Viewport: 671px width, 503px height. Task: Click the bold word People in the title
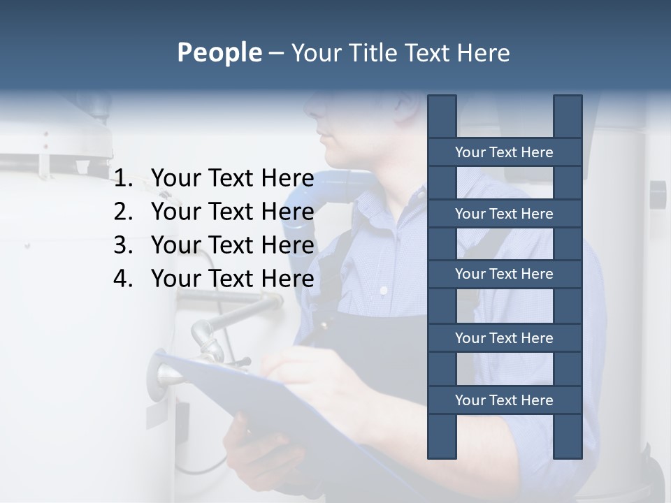point(219,52)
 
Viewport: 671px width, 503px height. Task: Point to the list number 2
point(123,212)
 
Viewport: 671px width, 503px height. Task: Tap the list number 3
point(123,245)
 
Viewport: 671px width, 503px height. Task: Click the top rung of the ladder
point(504,152)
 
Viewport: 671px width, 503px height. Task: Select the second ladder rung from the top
point(504,214)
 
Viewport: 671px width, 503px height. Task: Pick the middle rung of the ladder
point(504,274)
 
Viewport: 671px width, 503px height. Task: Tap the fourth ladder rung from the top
point(504,338)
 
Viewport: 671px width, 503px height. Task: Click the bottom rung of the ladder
point(504,400)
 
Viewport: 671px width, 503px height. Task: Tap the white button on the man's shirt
point(383,290)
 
